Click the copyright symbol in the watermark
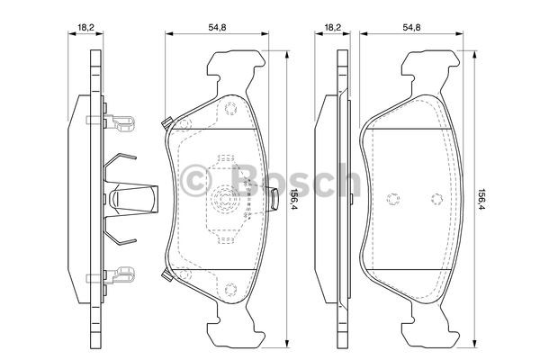pos(195,180)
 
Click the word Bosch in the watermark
pos(295,180)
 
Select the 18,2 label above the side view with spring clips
pos(85,28)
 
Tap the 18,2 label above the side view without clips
pos(332,28)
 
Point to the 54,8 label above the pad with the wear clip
pos(217,28)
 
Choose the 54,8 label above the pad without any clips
pos(411,28)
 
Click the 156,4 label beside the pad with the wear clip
pos(293,200)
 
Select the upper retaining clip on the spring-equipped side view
pos(110,123)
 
